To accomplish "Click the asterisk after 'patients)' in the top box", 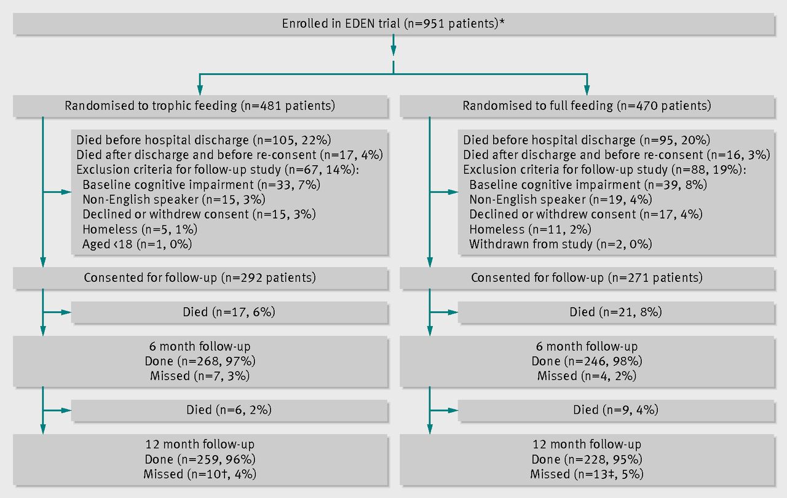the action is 502,21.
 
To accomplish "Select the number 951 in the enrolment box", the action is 433,23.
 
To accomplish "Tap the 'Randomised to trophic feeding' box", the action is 200,106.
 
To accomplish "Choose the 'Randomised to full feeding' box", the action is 587,106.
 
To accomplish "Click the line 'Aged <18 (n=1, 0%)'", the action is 137,244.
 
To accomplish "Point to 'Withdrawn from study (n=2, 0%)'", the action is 560,244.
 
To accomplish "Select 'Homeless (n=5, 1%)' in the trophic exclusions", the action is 140,229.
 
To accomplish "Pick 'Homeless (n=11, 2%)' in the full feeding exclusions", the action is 530,229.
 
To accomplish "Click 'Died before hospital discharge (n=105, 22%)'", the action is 204,140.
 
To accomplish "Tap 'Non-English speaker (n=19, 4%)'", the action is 560,200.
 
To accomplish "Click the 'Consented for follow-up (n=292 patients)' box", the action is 200,278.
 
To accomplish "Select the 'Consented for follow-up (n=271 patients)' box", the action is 587,278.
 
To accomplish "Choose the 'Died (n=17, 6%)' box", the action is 229,312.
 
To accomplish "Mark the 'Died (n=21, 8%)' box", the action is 616,312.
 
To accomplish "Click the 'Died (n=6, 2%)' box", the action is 229,410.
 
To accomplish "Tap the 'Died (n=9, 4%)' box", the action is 616,410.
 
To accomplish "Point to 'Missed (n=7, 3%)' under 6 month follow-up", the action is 200,376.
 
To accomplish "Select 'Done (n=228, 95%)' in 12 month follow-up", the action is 587,459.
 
